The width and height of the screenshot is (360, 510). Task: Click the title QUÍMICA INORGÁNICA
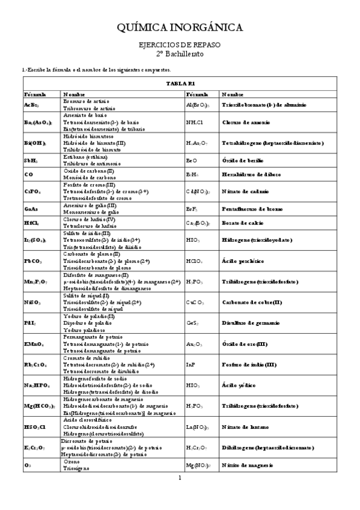click(x=179, y=27)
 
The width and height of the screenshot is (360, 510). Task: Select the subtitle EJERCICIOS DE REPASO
click(x=179, y=45)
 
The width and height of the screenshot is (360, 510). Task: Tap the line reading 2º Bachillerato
click(x=179, y=54)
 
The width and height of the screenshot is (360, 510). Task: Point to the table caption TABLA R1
click(x=180, y=84)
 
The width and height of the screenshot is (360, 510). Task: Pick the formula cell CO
click(x=29, y=174)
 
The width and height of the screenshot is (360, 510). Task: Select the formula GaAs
click(x=31, y=208)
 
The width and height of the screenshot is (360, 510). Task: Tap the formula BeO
click(x=192, y=161)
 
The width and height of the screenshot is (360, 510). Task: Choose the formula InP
click(x=191, y=364)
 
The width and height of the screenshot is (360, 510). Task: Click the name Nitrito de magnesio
click(x=246, y=465)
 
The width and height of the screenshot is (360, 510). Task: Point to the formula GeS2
click(x=193, y=323)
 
